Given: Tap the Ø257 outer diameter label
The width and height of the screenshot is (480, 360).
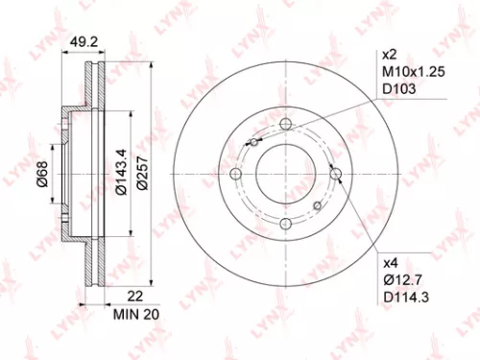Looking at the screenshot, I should (142, 173).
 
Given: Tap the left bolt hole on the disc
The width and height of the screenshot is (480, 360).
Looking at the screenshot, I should (234, 174).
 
